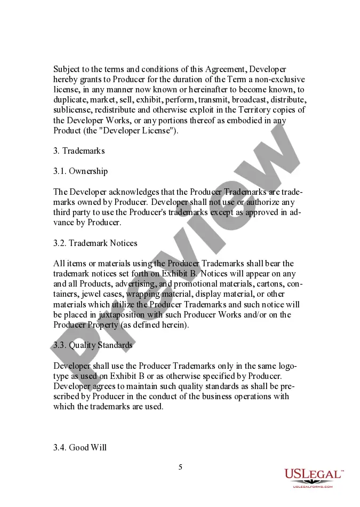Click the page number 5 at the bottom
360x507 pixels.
pos(180,467)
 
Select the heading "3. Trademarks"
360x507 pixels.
pos(79,150)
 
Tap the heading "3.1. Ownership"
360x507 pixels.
pos(81,171)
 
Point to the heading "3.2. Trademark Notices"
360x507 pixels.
pos(95,243)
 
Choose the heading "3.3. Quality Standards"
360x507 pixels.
pos(93,345)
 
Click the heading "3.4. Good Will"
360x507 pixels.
pos(80,447)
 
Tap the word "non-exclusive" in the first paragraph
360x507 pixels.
pos(280,80)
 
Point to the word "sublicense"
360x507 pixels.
pos(73,110)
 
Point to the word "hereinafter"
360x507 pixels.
pos(188,90)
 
